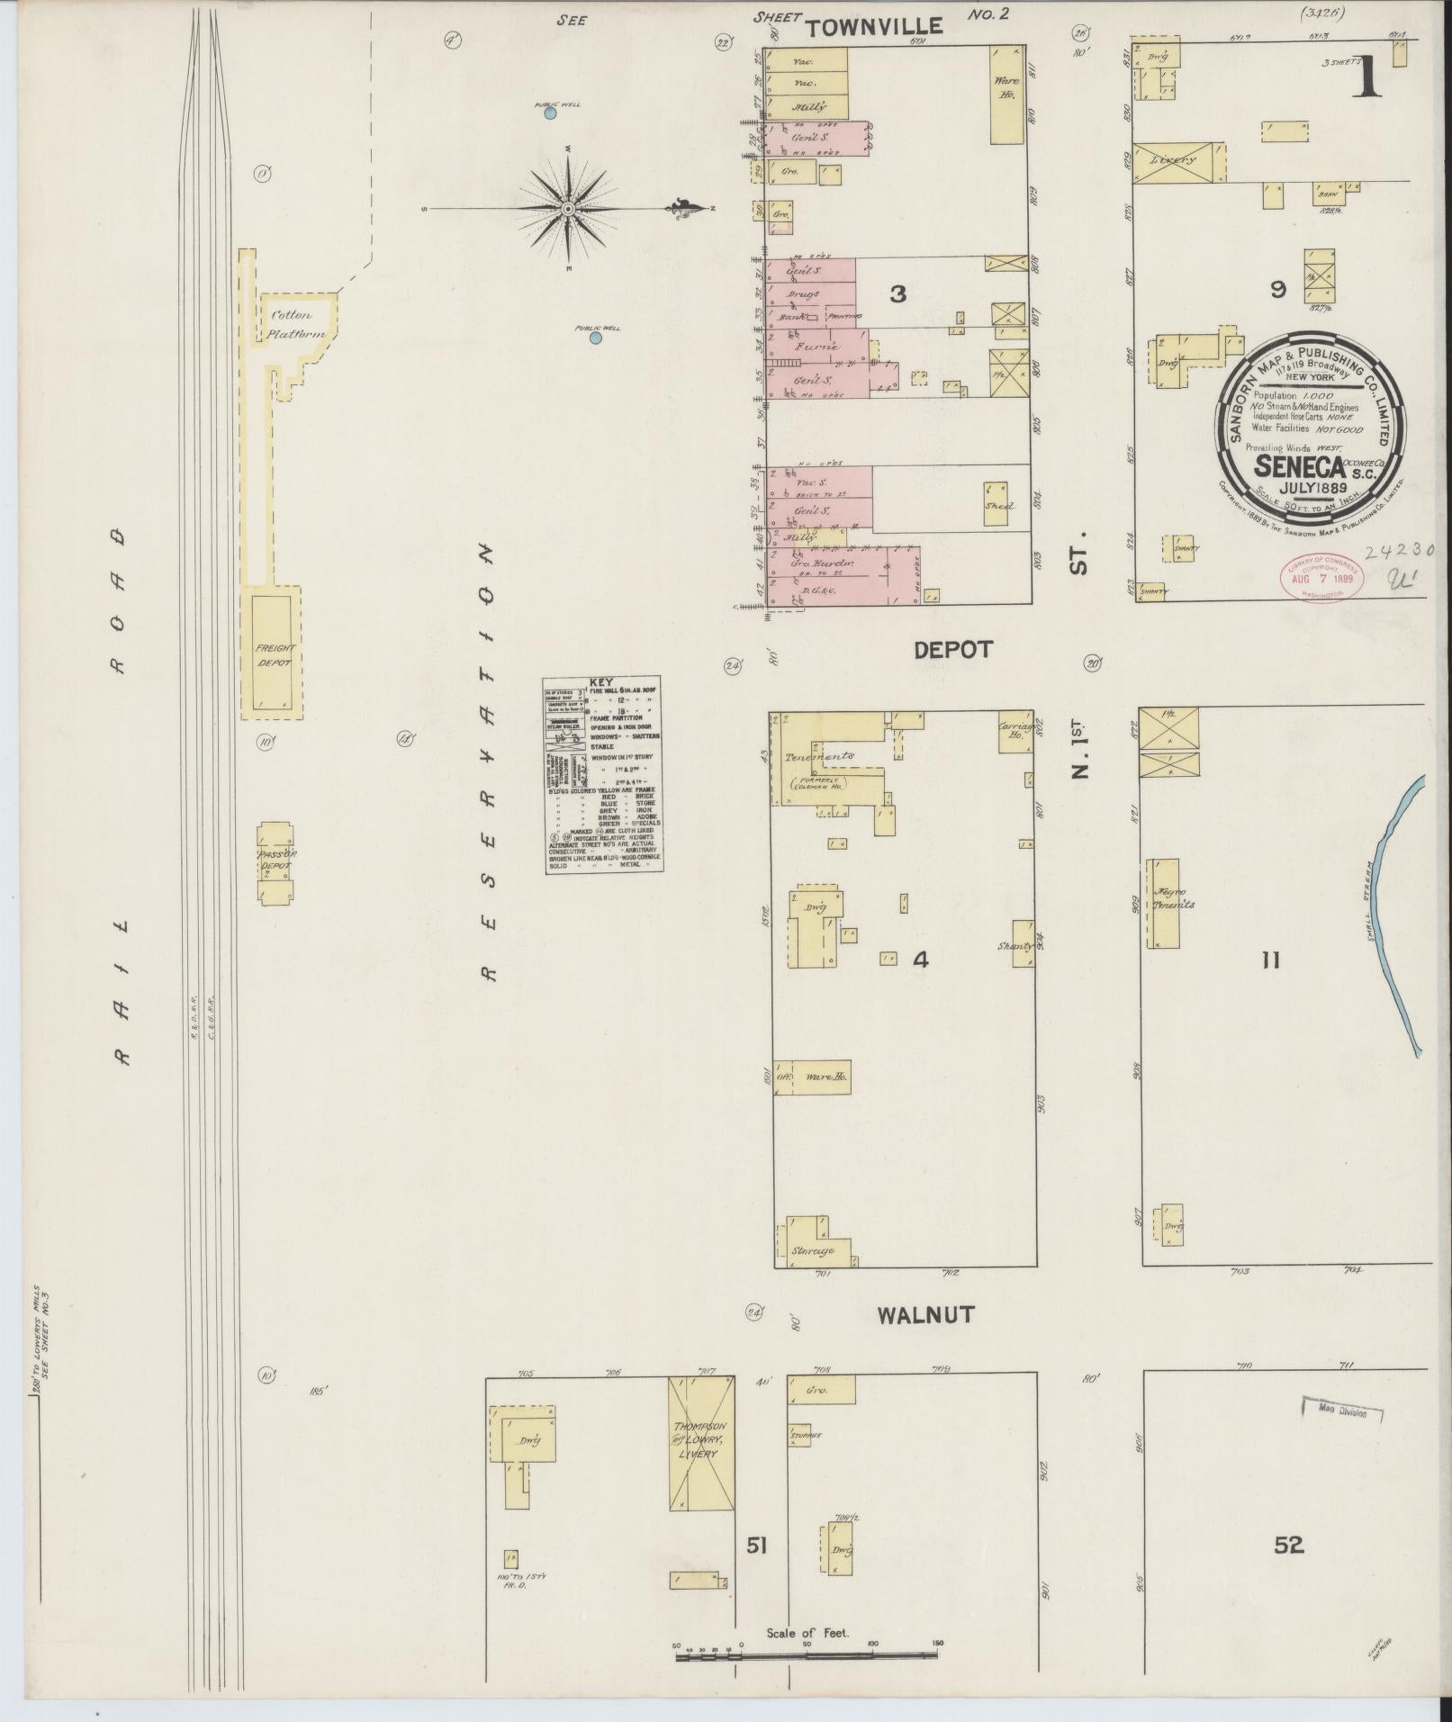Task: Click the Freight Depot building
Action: point(275,651)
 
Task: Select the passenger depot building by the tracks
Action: point(275,863)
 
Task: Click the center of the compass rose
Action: point(568,209)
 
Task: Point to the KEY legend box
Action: point(603,774)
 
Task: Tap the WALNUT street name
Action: point(924,1315)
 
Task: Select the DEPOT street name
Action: point(952,650)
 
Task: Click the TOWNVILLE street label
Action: point(873,28)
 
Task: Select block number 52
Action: point(1288,1546)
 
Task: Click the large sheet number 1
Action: point(1368,74)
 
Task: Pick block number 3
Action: point(897,293)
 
